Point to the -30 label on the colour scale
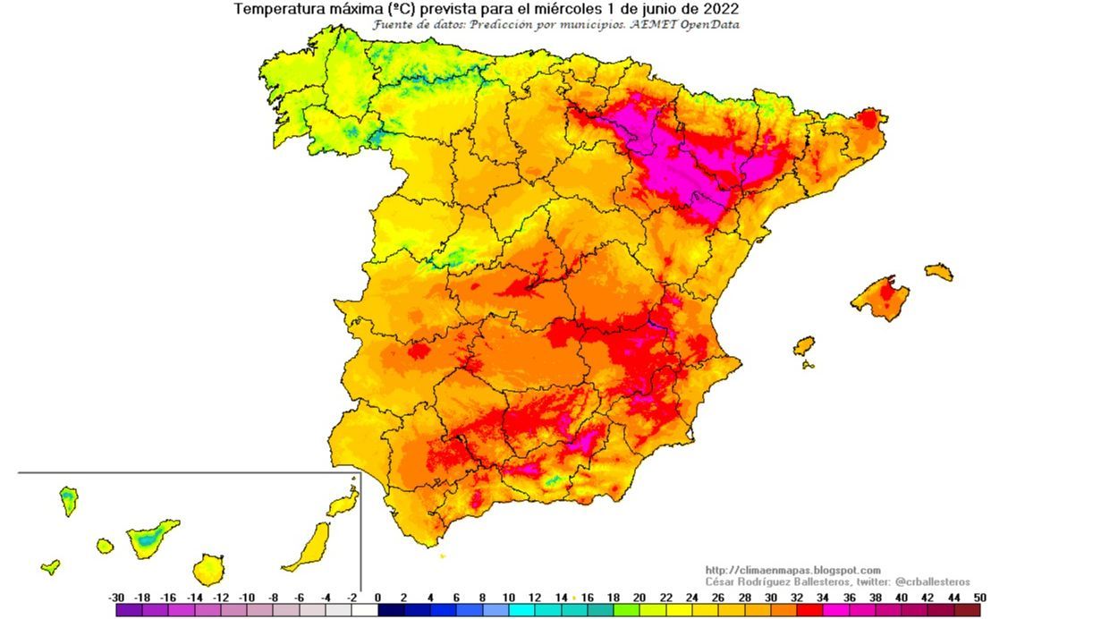tap(116, 598)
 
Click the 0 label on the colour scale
tap(377, 598)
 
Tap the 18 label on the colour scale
tap(614, 598)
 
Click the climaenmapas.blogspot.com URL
tap(792, 570)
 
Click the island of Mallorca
tap(881, 298)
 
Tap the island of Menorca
tap(939, 271)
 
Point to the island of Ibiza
tap(804, 345)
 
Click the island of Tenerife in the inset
tap(151, 538)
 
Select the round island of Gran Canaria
tap(208, 568)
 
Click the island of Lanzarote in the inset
tap(343, 504)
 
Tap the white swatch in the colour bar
tap(365, 610)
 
